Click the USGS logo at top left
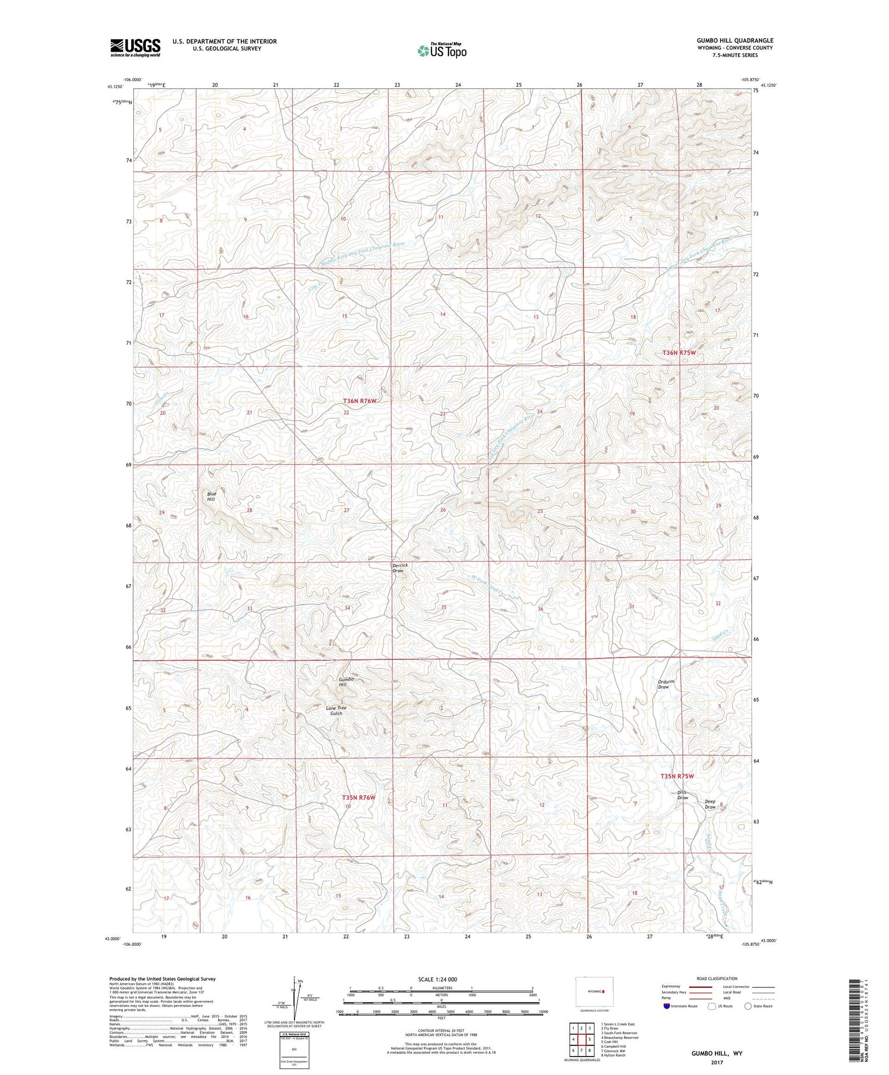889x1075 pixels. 135,47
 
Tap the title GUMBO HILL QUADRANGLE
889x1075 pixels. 735,40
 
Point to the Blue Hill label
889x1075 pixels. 211,496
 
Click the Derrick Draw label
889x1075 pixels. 400,568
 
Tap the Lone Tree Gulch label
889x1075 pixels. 335,710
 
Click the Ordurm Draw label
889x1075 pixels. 666,684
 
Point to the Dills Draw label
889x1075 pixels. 683,795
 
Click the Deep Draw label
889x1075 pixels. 710,805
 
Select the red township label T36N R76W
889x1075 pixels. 360,401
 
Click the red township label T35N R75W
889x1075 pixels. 677,776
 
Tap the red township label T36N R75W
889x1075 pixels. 678,353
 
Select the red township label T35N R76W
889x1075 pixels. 359,798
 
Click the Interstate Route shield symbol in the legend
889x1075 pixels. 666,1006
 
